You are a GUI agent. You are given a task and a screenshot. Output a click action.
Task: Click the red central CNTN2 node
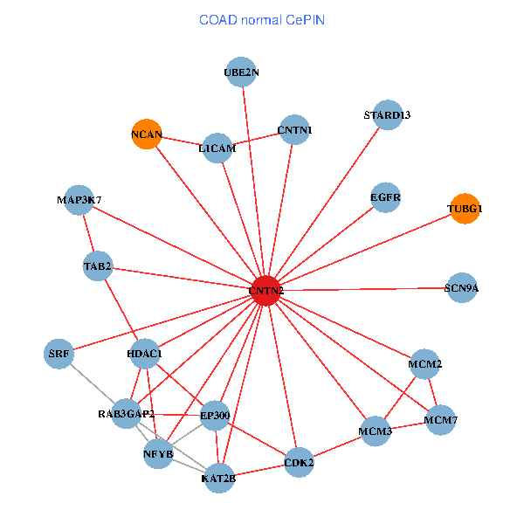[265, 290]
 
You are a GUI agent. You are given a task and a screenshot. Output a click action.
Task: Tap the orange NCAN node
[146, 134]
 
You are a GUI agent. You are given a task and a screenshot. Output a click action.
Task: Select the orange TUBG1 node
[465, 209]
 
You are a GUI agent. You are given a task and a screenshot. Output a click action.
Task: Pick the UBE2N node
[242, 72]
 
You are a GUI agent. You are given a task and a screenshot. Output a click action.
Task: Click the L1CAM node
[217, 148]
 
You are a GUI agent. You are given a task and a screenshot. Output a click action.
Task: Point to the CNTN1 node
[294, 131]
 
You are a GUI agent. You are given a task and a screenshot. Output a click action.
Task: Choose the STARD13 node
[387, 115]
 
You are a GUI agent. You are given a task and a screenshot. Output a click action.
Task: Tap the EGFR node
[385, 197]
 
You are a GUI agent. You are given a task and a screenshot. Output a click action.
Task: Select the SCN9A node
[462, 287]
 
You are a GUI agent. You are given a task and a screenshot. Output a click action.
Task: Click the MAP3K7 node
[79, 200]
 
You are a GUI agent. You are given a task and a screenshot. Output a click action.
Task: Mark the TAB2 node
[98, 265]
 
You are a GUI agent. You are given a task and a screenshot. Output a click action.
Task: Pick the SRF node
[59, 354]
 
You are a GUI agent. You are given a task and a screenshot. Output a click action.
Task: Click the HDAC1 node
[144, 354]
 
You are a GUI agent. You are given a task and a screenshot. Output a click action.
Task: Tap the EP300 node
[215, 415]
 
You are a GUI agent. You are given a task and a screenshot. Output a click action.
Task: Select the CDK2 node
[300, 462]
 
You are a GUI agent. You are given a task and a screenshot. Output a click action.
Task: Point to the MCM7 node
[441, 420]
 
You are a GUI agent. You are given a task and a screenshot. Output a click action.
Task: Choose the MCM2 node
[425, 363]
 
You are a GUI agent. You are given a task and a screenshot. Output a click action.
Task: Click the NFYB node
[158, 454]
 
